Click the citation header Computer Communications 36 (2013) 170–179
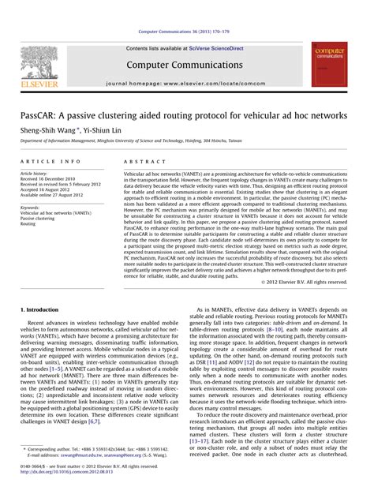[x=186, y=32]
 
